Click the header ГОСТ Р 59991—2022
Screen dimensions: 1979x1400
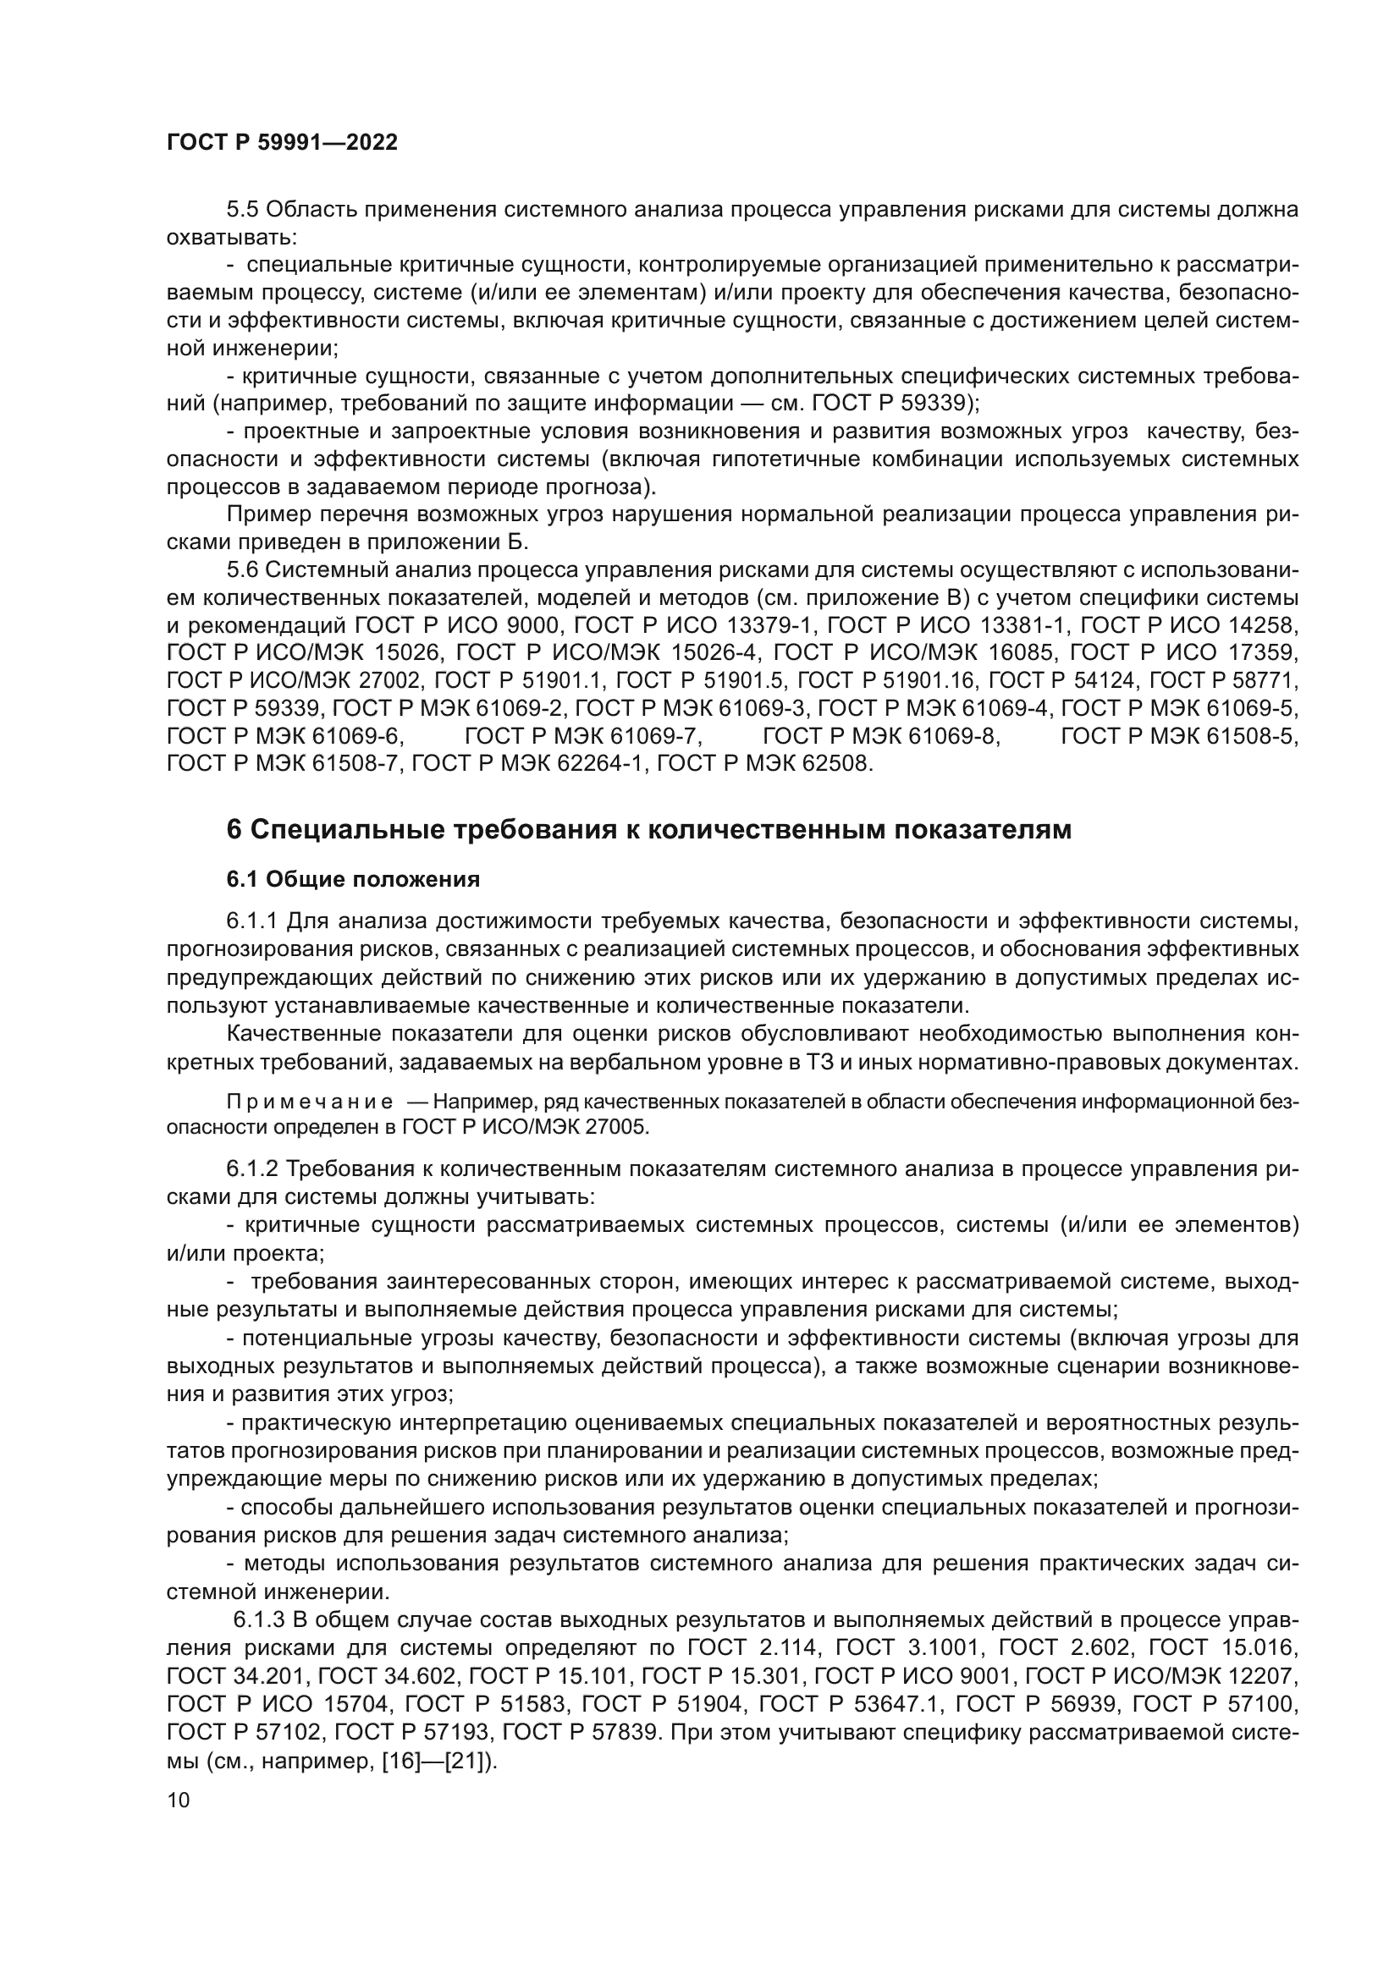point(282,143)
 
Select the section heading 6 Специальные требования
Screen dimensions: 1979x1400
point(648,829)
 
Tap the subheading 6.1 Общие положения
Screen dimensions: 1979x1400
point(354,880)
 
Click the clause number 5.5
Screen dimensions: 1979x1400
point(242,210)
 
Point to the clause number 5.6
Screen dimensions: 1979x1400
point(242,569)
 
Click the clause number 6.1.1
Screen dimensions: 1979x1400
point(251,921)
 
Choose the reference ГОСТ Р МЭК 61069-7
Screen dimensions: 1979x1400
point(584,736)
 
